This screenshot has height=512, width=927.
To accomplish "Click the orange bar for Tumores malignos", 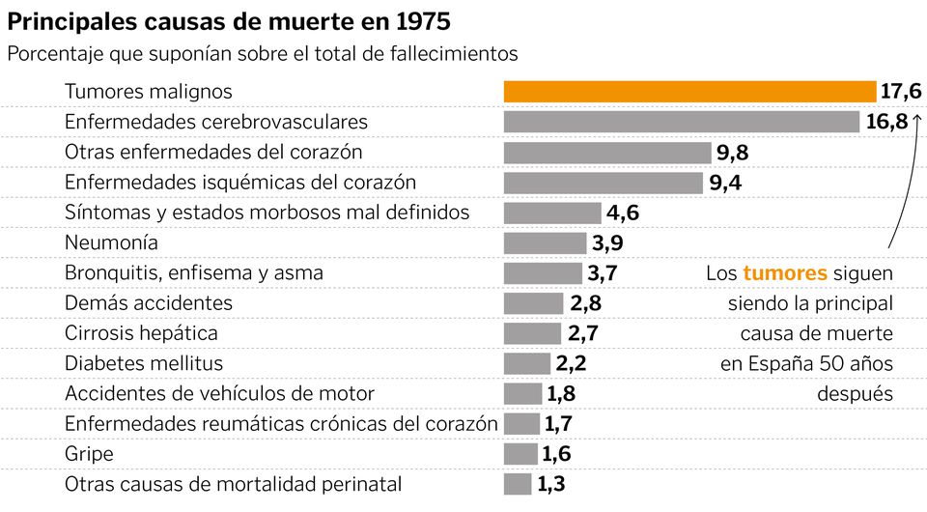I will (x=689, y=92).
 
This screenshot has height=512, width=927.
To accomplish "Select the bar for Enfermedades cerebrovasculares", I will (x=681, y=122).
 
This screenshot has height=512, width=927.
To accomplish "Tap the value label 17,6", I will (x=901, y=92).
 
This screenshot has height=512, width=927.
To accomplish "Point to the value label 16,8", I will (x=886, y=122).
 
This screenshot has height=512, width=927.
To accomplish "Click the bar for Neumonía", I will (x=545, y=242).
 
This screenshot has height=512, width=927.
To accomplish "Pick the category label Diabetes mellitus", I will (x=144, y=363).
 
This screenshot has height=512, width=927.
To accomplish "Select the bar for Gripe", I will (x=520, y=454).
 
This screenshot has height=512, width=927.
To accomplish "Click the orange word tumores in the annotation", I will (x=785, y=273).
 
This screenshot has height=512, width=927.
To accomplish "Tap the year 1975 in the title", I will (x=414, y=20).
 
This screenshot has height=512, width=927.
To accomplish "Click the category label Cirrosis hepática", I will (x=141, y=333).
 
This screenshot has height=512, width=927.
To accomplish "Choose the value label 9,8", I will (x=732, y=153).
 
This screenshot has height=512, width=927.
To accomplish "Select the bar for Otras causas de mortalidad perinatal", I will (x=518, y=484).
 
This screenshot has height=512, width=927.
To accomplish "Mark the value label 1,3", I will (x=550, y=484).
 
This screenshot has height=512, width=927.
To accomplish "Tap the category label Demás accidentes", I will (x=149, y=302).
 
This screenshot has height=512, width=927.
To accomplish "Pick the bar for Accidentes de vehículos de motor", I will (x=523, y=393).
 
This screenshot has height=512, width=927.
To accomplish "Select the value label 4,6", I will (x=622, y=213).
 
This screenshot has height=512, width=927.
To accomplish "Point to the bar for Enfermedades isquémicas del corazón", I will (x=604, y=183).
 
